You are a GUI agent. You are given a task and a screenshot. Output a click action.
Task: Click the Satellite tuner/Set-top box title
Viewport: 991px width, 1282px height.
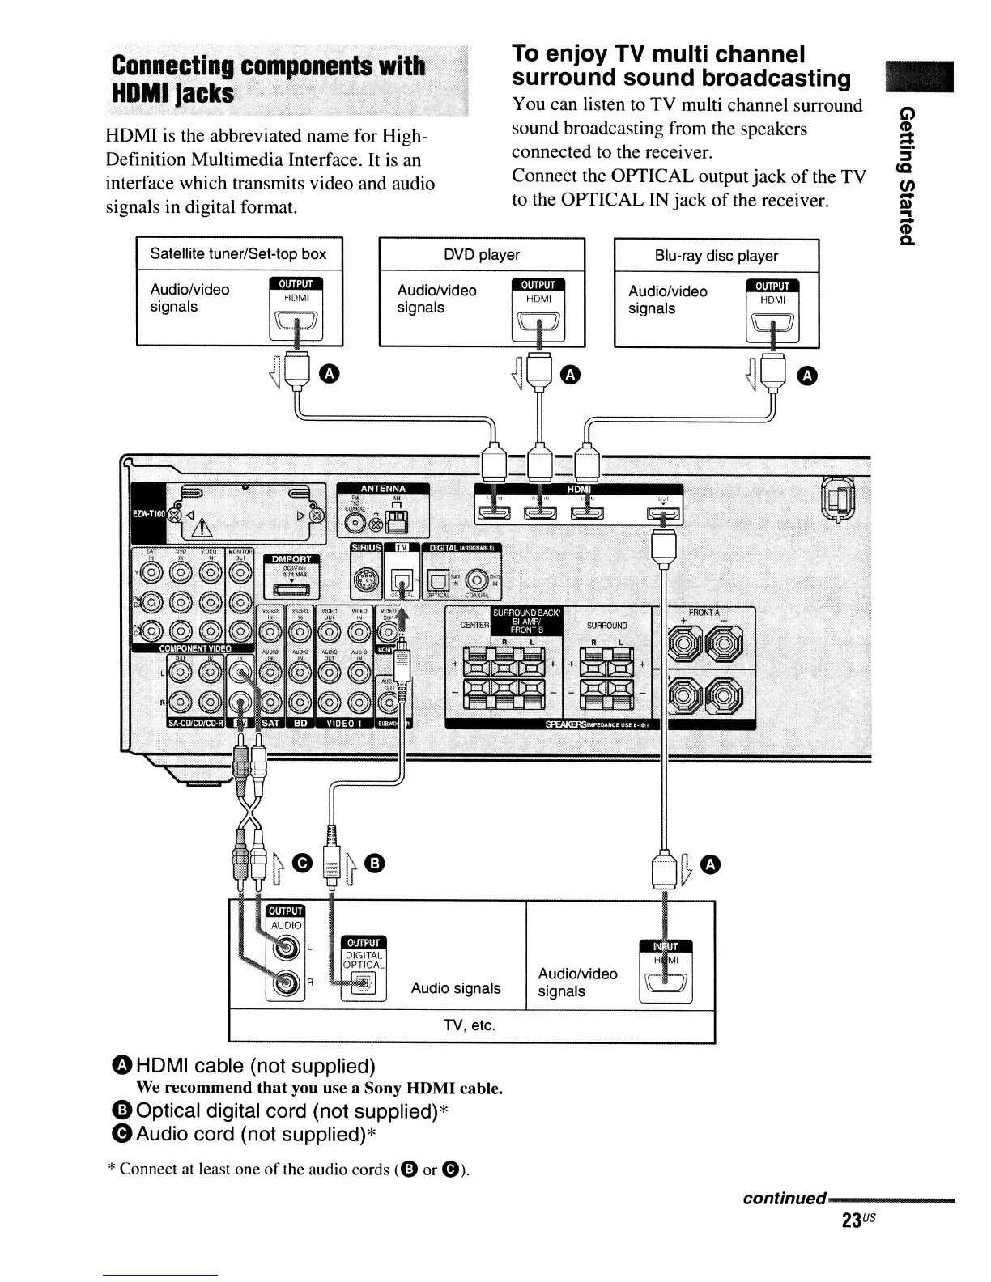(x=238, y=253)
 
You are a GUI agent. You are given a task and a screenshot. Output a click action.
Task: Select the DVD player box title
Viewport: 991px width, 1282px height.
(x=482, y=255)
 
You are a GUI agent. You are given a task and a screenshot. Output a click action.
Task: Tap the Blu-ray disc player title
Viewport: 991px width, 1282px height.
(x=716, y=256)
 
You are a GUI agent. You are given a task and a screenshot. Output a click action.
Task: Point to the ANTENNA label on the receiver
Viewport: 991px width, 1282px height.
(x=383, y=488)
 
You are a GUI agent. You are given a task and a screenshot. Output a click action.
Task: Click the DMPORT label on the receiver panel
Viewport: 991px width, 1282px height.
(x=291, y=559)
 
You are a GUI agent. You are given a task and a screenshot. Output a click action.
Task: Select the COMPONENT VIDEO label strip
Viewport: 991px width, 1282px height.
(x=194, y=648)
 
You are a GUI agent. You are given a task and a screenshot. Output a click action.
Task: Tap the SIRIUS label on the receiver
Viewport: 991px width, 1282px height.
(x=364, y=549)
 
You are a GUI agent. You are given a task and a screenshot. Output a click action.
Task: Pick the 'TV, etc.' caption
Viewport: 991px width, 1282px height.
(x=470, y=1025)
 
